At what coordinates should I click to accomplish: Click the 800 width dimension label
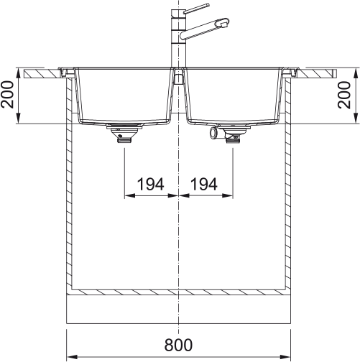(178, 345)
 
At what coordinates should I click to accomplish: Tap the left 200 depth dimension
(7, 95)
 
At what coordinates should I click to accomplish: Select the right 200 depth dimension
(344, 95)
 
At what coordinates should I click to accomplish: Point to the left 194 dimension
(150, 184)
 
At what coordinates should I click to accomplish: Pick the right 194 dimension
(204, 184)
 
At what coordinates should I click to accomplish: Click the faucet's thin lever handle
(196, 8)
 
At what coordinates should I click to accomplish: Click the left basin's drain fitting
(124, 134)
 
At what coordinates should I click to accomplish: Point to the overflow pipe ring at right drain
(213, 133)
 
